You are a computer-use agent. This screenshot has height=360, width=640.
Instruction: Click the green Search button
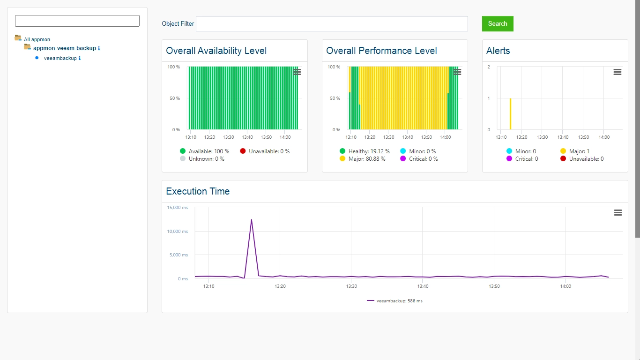click(498, 24)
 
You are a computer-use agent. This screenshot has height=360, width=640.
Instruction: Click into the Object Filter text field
click(332, 24)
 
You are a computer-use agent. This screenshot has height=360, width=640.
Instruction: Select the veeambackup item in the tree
click(60, 58)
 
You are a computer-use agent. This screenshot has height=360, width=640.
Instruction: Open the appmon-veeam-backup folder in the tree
click(65, 48)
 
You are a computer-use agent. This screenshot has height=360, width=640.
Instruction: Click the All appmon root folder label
click(37, 39)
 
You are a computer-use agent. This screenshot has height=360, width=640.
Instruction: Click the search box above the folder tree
click(77, 21)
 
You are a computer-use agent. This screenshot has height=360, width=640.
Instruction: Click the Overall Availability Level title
click(216, 51)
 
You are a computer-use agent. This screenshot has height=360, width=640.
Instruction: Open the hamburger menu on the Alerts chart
click(618, 72)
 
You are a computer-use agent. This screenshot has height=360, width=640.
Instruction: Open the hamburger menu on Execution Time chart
click(618, 212)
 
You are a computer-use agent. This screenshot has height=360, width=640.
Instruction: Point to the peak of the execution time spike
click(252, 219)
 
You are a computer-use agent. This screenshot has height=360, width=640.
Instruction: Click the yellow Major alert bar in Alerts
click(510, 114)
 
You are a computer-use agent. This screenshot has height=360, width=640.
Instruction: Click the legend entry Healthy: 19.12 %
click(365, 151)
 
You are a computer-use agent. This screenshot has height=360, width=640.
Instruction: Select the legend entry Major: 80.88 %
click(362, 159)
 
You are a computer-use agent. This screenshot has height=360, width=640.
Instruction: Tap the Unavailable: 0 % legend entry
click(265, 151)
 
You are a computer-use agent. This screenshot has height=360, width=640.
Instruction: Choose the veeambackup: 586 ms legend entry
click(394, 301)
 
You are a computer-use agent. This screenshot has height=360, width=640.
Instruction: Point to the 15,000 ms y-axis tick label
click(178, 208)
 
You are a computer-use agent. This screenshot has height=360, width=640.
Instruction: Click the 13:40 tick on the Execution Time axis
click(423, 286)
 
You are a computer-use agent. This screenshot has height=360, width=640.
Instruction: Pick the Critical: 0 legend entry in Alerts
click(522, 159)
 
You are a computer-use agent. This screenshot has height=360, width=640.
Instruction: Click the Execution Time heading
click(198, 191)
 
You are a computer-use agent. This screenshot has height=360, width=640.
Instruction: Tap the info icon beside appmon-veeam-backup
click(99, 48)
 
